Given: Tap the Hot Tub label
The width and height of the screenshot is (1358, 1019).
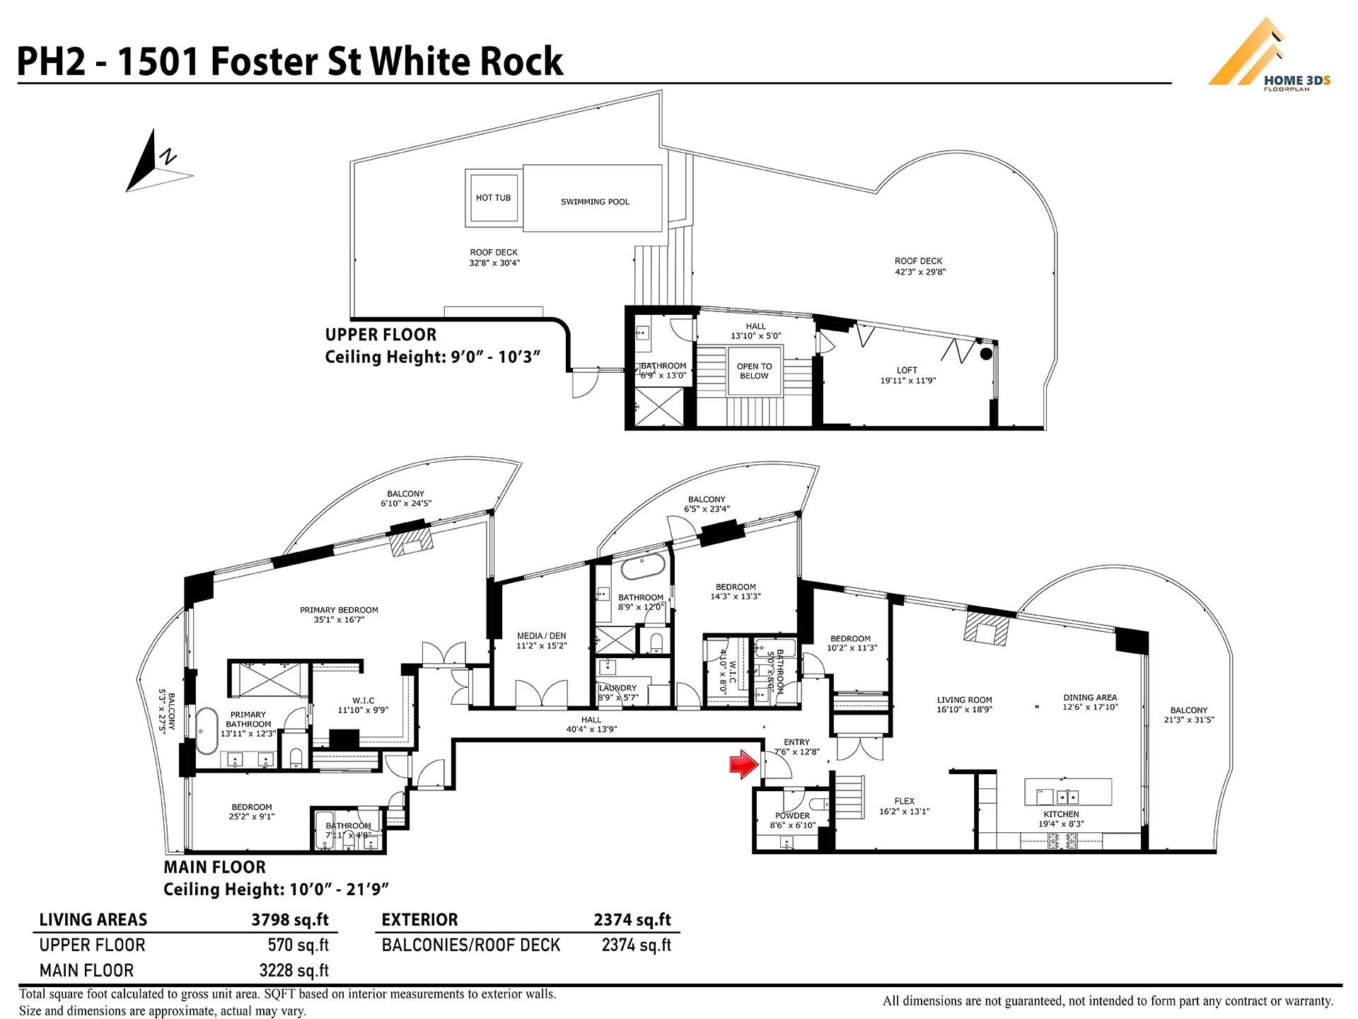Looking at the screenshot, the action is [x=493, y=197].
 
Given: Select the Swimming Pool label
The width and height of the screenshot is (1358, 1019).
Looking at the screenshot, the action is [x=595, y=202].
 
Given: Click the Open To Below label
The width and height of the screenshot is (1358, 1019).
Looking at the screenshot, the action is [x=754, y=371].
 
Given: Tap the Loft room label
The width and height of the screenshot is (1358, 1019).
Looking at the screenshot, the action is [x=907, y=370].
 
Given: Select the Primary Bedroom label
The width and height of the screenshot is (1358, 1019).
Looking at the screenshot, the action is [x=339, y=610].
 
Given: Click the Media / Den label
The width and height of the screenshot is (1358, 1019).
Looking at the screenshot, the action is [x=541, y=636].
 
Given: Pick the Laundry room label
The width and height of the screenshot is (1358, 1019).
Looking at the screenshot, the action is [x=617, y=688].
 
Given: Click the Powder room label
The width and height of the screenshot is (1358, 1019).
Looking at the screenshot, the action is [x=792, y=816].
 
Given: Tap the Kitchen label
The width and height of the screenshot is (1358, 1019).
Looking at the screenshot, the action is [x=1061, y=814].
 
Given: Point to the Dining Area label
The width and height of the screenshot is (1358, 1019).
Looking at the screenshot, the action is [x=1090, y=697].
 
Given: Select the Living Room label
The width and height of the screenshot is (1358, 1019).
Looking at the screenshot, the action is [x=964, y=700].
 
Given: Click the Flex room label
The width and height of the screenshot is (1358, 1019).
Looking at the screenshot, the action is [x=904, y=802].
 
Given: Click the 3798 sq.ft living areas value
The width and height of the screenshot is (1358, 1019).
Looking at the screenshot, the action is [x=290, y=920].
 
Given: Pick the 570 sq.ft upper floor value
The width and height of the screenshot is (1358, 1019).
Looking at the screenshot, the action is [x=298, y=945].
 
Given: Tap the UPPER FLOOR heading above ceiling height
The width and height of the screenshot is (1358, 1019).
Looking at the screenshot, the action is [x=381, y=335].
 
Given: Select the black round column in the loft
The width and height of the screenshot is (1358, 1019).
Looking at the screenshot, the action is [x=985, y=355].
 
